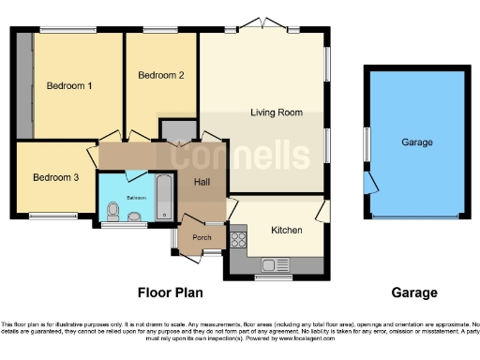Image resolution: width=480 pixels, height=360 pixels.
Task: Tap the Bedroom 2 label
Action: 160,75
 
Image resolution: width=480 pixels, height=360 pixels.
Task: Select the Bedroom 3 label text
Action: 55,177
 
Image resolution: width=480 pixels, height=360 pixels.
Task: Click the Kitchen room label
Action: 286,230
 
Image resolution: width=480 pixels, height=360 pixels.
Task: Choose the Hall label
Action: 202,182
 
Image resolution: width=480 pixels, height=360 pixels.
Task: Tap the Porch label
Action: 202,237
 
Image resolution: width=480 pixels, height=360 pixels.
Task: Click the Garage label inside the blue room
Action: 417,142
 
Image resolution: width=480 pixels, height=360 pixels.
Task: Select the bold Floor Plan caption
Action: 171,292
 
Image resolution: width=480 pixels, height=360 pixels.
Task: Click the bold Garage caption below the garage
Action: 413,292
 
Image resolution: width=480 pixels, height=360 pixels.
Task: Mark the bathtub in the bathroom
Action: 164,198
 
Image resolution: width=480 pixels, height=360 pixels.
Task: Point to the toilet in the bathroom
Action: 136,217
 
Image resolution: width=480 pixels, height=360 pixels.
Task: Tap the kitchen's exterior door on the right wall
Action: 326,212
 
